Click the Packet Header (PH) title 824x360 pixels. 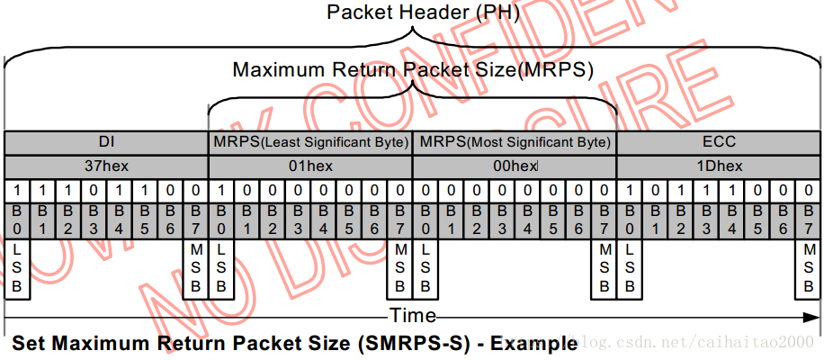point(413,13)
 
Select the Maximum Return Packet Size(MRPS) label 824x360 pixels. point(413,69)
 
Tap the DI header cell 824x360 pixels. point(105,142)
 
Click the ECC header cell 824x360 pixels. point(719,142)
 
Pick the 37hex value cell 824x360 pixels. point(105,166)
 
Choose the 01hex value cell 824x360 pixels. point(310,166)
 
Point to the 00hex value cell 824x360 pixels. point(514,166)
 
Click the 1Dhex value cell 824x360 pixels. point(719,166)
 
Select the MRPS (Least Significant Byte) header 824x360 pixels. point(310,142)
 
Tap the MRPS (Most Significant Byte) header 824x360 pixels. point(515,142)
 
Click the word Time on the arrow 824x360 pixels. point(412,316)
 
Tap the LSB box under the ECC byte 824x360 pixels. point(630,268)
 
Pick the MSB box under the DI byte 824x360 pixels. point(196,268)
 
